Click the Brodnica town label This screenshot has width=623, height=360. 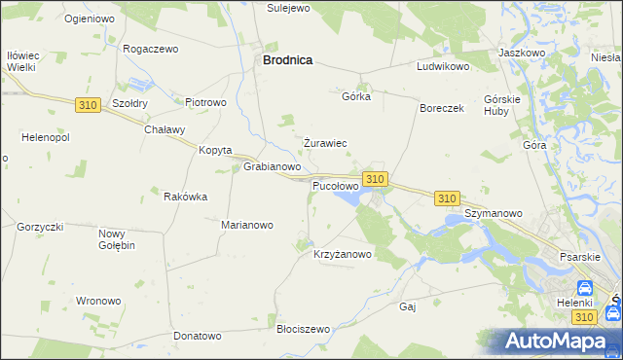tap(288, 59)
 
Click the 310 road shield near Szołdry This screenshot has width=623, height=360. tap(88, 104)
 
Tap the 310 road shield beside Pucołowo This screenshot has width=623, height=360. tap(377, 179)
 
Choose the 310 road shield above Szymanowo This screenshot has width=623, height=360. tap(447, 198)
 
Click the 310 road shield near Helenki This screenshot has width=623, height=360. tap(584, 317)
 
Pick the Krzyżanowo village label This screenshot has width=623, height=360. tap(343, 255)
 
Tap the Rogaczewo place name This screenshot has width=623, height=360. tap(154, 48)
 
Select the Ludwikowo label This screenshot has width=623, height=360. tap(443, 67)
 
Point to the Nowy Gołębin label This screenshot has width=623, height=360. tap(117, 239)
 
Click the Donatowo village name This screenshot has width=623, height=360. tap(198, 336)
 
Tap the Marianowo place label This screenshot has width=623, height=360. tap(247, 225)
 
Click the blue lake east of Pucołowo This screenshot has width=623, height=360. tap(348, 198)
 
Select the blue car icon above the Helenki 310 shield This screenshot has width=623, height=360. tap(584, 289)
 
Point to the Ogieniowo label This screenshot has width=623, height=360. tap(90, 18)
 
